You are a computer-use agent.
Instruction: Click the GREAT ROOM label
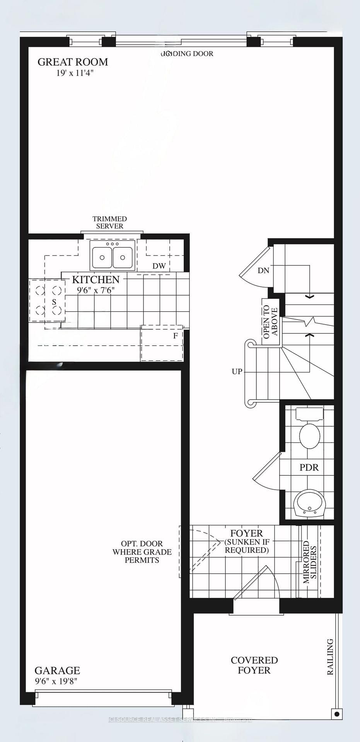[x=73, y=62]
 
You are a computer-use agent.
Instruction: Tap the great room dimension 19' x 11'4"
[x=75, y=73]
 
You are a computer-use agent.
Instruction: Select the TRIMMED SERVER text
[x=110, y=223]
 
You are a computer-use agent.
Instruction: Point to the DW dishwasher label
[x=159, y=266]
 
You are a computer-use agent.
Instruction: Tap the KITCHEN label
[x=96, y=279]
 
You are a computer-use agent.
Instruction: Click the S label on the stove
[x=54, y=302]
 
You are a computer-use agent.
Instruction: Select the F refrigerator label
[x=176, y=336]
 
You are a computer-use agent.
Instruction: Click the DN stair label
[x=263, y=271]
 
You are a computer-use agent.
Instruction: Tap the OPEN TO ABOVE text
[x=270, y=322]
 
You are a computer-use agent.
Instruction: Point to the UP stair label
[x=237, y=371]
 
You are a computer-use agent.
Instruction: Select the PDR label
[x=309, y=467]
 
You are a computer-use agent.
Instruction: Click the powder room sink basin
[x=309, y=503]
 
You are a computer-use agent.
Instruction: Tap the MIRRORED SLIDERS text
[x=310, y=562]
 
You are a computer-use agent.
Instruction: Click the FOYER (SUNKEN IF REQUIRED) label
[x=247, y=542]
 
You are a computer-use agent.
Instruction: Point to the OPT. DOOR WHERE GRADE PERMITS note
[x=142, y=551]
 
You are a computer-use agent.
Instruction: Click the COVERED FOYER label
[x=254, y=665]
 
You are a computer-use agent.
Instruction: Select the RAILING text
[x=330, y=657]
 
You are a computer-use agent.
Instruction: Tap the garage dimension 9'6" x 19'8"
[x=56, y=681]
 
